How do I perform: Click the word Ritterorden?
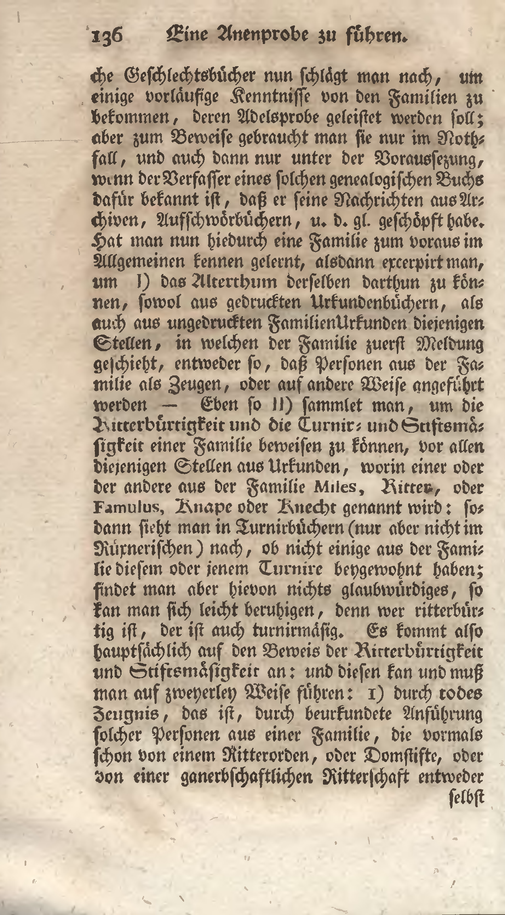268,755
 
